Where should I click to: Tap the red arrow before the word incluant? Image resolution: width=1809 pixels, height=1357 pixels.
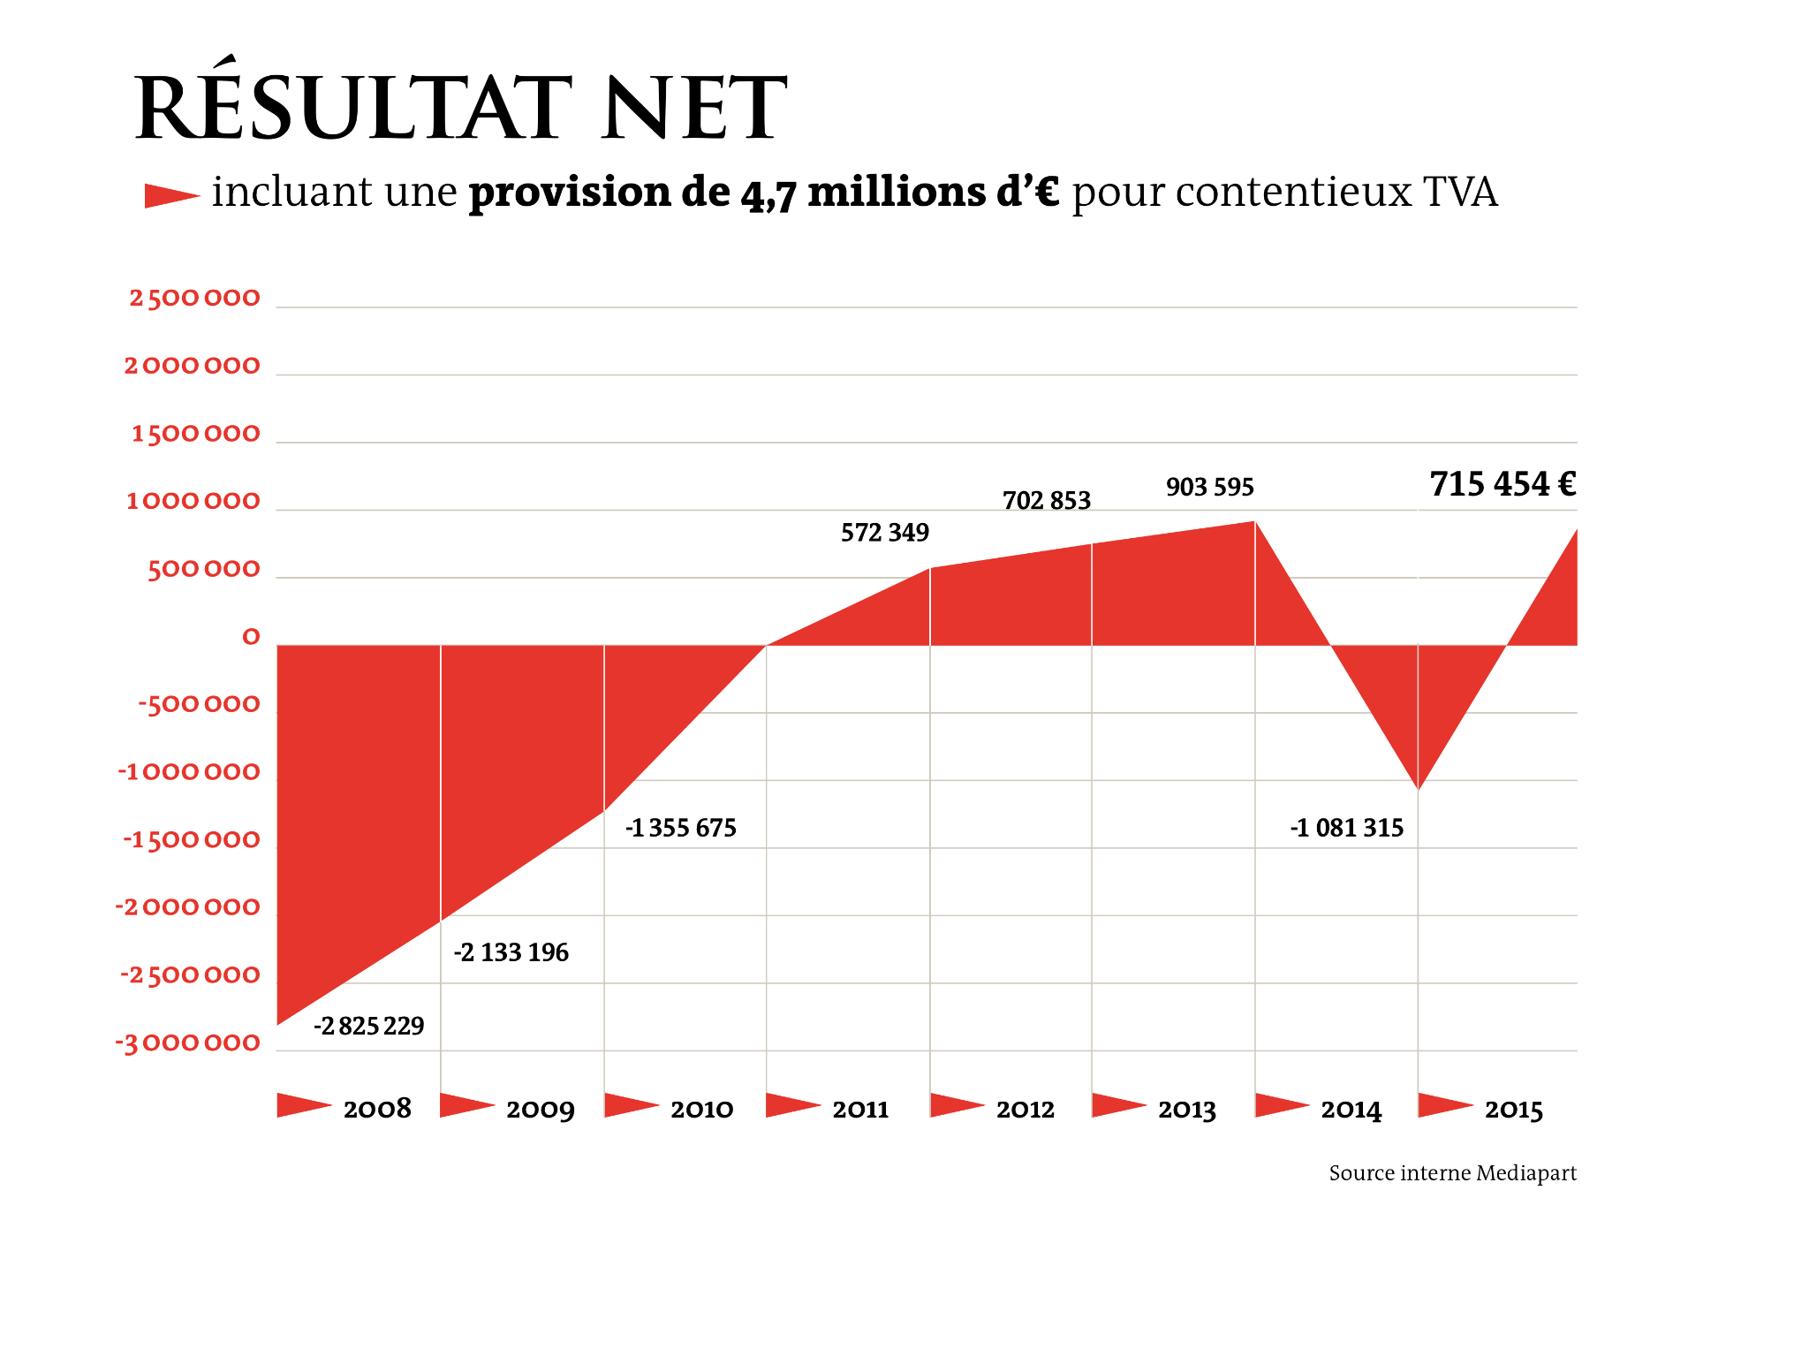pyautogui.click(x=171, y=195)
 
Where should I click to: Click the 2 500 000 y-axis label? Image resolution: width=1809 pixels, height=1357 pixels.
pyautogui.click(x=195, y=298)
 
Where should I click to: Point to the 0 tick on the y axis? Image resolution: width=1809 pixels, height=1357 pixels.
pyautogui.click(x=252, y=637)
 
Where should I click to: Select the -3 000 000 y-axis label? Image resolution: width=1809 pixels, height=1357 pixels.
pyautogui.click(x=188, y=1043)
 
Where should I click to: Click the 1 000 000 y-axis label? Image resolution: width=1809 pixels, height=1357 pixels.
pyautogui.click(x=193, y=501)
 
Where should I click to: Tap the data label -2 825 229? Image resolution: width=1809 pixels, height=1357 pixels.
pyautogui.click(x=369, y=1026)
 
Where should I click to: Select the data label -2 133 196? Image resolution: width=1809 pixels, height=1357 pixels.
pyautogui.click(x=511, y=952)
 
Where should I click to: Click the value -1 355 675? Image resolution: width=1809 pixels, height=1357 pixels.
pyautogui.click(x=681, y=828)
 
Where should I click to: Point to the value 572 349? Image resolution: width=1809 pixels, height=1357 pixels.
pyautogui.click(x=885, y=533)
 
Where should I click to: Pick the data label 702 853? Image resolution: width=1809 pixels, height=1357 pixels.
pyautogui.click(x=1047, y=501)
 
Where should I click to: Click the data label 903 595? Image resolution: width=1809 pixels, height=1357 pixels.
pyautogui.click(x=1210, y=487)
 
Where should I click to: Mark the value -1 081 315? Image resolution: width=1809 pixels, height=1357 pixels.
pyautogui.click(x=1347, y=828)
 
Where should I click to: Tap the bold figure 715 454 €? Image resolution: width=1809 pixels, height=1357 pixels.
pyautogui.click(x=1502, y=484)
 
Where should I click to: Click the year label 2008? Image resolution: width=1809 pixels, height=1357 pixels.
pyautogui.click(x=377, y=1109)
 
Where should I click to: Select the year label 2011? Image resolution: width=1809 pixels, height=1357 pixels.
pyautogui.click(x=860, y=1109)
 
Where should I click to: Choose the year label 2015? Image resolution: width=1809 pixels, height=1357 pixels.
pyautogui.click(x=1513, y=1109)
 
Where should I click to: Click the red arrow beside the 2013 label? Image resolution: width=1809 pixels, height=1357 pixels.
pyautogui.click(x=1118, y=1105)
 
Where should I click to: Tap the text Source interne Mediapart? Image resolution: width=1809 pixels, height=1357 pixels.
pyautogui.click(x=1453, y=1173)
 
